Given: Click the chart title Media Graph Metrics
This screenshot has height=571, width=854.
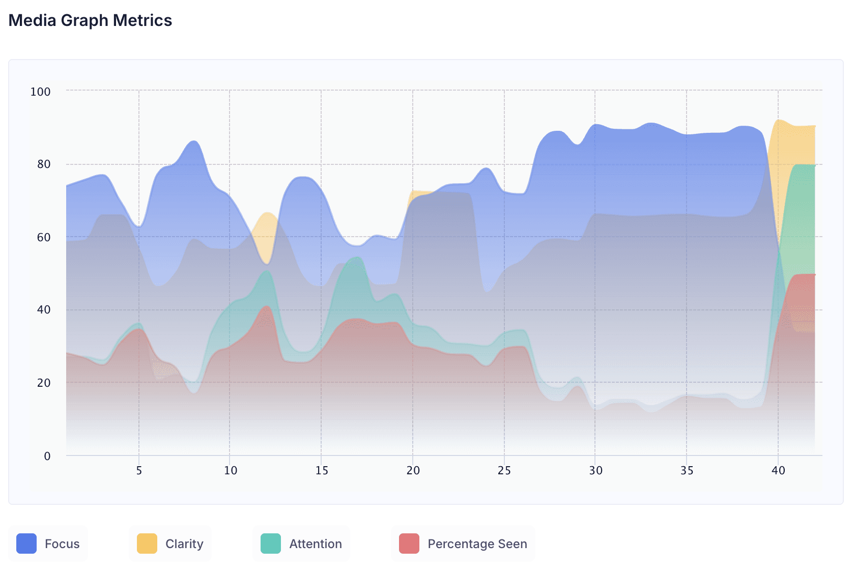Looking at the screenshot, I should point(90,20).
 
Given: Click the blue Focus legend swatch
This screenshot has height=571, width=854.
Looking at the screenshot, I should point(26,544).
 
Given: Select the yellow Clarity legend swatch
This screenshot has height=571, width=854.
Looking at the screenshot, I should point(147,544).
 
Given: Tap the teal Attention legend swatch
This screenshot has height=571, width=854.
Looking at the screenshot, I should point(270,544).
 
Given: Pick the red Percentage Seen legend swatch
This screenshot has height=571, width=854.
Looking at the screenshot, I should point(409,544).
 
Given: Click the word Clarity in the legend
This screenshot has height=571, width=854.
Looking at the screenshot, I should point(184,544).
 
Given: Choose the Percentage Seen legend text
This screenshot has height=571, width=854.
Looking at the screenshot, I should point(477,544).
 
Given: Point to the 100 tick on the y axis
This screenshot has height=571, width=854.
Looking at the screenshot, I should point(41,92).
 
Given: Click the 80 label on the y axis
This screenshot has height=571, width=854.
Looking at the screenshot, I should point(44,164).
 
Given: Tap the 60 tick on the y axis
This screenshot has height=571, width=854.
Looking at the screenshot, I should point(44,237).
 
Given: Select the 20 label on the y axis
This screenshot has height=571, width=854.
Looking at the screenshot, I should point(44,383).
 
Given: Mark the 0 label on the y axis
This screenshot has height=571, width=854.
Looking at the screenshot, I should point(47,456).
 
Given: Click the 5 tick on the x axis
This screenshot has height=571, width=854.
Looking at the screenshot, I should point(139,471).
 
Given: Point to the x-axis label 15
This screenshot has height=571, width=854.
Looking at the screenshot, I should point(321,471).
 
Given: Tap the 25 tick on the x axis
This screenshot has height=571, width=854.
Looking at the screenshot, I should point(504,471).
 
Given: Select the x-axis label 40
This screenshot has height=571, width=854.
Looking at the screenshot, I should point(778,471).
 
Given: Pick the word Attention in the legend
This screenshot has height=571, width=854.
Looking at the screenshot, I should point(316,544).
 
